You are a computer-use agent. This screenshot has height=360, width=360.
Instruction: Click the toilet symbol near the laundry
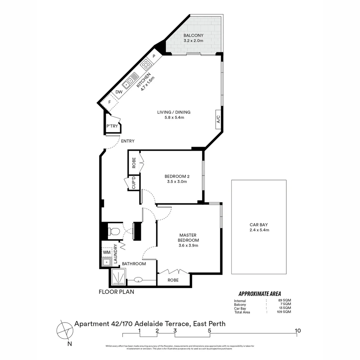click(x=115, y=231)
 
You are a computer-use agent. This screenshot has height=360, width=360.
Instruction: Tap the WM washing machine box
click(x=107, y=252)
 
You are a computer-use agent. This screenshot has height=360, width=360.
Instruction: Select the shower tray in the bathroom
click(x=118, y=278)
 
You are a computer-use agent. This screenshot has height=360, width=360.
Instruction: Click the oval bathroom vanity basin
click(x=139, y=280)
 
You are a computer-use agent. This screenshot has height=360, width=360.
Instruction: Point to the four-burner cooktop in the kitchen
click(x=146, y=64)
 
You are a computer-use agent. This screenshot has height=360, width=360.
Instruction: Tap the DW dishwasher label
click(x=119, y=92)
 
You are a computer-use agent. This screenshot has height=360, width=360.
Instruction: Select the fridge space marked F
click(x=109, y=102)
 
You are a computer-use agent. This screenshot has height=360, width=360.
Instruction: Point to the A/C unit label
click(x=218, y=119)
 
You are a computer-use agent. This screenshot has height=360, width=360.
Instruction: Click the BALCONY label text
click(x=193, y=36)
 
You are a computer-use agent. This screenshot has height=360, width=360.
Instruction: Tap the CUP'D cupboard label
click(x=134, y=183)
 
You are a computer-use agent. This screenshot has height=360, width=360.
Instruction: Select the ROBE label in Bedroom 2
click(x=134, y=163)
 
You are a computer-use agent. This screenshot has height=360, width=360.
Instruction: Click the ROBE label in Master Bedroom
click(x=173, y=280)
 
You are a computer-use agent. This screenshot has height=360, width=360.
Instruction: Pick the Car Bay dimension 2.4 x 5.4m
click(x=259, y=230)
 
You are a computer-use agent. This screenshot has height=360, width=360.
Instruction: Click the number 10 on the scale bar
click(x=298, y=331)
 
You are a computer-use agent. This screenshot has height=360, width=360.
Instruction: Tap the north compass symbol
click(x=65, y=330)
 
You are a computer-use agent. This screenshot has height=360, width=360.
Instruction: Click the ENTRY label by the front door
click(x=128, y=141)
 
